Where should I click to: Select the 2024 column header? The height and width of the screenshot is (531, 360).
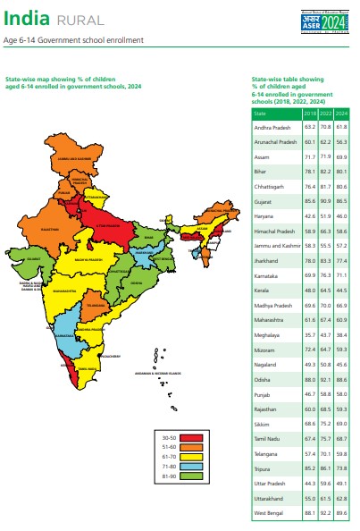[340, 114]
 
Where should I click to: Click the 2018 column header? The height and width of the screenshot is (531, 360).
[310, 114]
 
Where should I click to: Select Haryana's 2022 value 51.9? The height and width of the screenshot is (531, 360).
[325, 215]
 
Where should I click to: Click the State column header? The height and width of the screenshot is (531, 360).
[260, 114]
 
